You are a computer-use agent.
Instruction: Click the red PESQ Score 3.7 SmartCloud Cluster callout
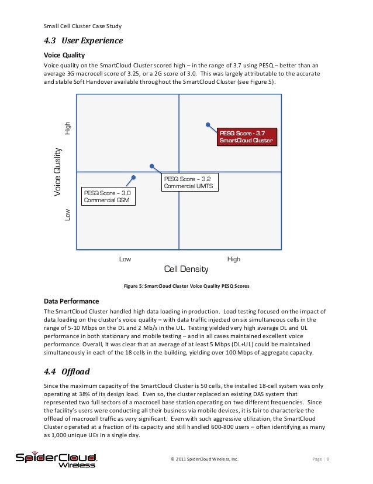pos(246,137)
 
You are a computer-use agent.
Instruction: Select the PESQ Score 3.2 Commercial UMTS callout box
pos(189,182)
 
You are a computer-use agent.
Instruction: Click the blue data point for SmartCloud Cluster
pos(207,124)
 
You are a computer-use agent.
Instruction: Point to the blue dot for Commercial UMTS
pos(152,166)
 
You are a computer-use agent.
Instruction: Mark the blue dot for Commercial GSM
pos(134,176)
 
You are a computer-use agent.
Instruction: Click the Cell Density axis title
pos(186,270)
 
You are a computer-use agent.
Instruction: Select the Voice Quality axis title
pos(57,172)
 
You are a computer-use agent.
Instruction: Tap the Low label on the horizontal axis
pos(125,259)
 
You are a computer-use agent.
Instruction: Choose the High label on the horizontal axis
pos(233,259)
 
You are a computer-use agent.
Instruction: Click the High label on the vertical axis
pos(68,127)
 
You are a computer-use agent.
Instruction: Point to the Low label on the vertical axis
pos(68,215)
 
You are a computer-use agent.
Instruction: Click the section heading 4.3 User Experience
pos(84,41)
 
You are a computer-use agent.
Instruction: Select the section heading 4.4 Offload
pos(68,371)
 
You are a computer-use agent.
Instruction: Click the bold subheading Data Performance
pos(72,301)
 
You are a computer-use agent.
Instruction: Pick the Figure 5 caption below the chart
pos(186,287)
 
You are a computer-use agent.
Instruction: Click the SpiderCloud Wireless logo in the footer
pos(57,460)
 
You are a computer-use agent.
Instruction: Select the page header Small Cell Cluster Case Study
pos(82,26)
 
